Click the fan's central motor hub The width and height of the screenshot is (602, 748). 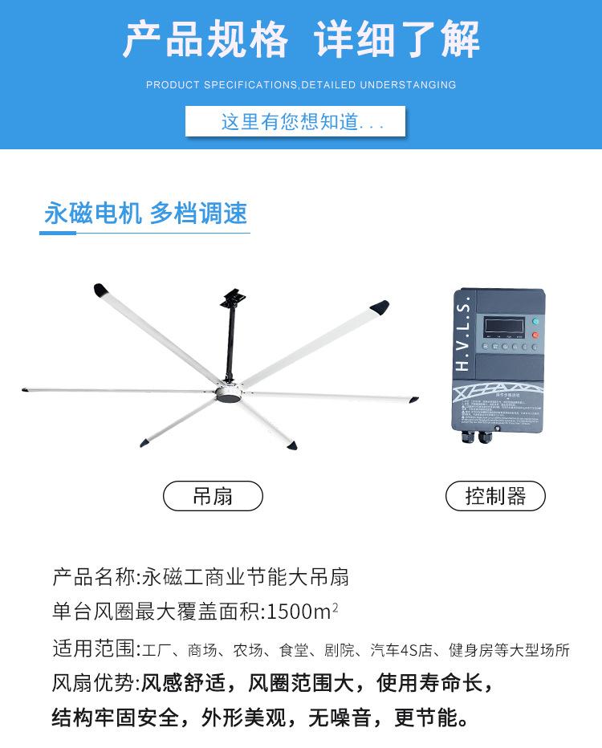(229, 395)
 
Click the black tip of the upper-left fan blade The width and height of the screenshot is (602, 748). (102, 289)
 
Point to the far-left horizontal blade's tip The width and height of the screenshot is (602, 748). (27, 391)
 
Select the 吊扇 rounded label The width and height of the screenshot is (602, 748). (213, 496)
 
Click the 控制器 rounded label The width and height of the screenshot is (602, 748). (495, 496)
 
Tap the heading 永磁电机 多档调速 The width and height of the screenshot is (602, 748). (145, 213)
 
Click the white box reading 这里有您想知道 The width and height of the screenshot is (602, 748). (295, 123)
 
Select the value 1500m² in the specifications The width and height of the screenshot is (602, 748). (302, 612)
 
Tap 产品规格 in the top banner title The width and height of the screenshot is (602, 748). (205, 38)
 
